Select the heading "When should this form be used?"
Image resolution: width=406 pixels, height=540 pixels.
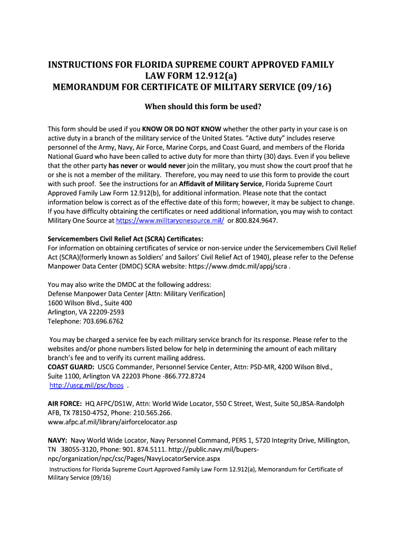(x=203, y=107)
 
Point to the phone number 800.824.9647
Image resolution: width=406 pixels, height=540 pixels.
(x=256, y=220)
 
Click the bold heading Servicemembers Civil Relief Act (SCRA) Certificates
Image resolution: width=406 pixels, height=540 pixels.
(x=125, y=238)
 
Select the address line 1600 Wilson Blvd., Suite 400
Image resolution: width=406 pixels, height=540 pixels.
(x=90, y=303)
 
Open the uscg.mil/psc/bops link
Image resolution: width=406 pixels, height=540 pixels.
(x=86, y=385)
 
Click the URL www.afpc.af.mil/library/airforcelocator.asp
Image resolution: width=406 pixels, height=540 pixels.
(x=112, y=422)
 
